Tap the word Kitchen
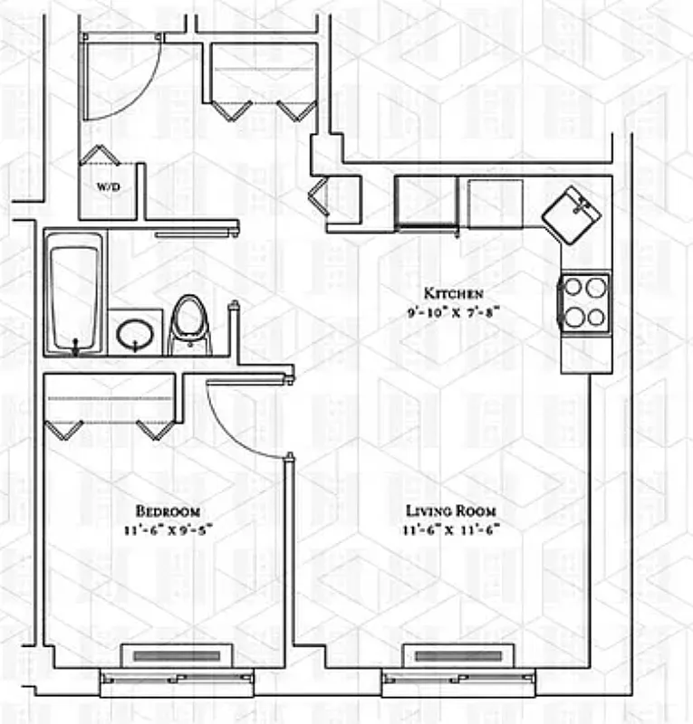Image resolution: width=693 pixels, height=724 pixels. click(454, 293)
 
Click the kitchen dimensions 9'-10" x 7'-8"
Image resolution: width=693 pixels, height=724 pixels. click(454, 310)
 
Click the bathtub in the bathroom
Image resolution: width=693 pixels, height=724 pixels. click(75, 291)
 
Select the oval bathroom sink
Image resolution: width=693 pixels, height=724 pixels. click(135, 334)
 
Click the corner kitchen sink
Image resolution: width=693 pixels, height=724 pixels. click(572, 214)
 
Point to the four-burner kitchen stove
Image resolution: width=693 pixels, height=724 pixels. click(584, 303)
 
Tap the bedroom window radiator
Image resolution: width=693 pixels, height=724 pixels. click(178, 655)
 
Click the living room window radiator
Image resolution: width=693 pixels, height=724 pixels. click(458, 655)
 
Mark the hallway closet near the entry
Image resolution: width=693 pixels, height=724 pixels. click(264, 72)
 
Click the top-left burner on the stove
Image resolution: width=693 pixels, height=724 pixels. click(573, 289)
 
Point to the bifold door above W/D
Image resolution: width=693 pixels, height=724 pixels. click(100, 155)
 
